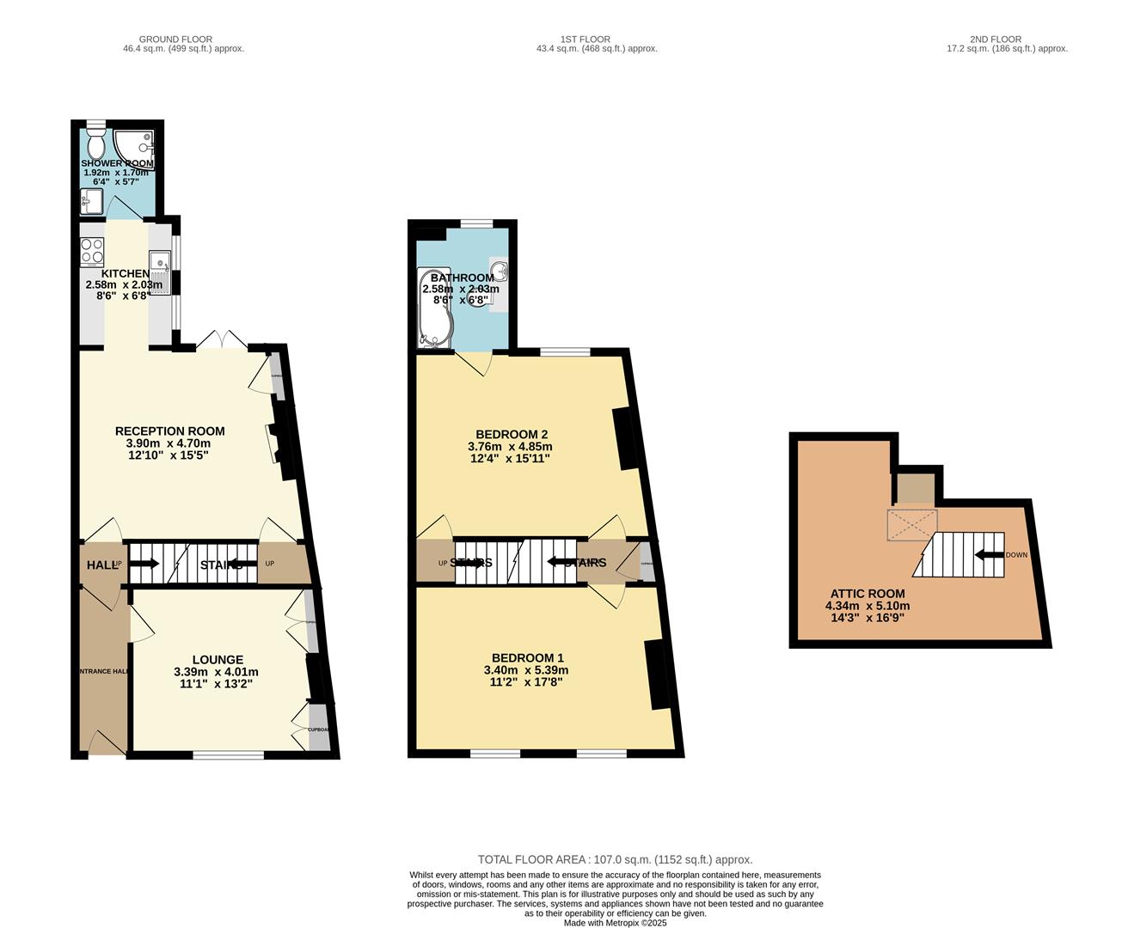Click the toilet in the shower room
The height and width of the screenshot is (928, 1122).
(x=95, y=139)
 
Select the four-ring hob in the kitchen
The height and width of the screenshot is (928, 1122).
(x=92, y=252)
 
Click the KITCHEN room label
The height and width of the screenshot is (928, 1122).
(x=126, y=273)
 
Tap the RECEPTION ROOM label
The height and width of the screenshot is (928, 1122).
(x=170, y=431)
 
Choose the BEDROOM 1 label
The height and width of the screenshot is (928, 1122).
(x=524, y=657)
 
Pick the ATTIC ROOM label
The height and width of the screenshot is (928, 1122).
(x=868, y=593)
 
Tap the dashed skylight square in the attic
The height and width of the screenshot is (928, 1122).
(x=911, y=525)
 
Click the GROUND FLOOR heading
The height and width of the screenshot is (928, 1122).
(x=175, y=39)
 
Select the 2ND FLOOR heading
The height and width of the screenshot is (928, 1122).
(x=996, y=39)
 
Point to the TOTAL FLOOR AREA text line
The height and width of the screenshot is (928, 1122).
(x=615, y=859)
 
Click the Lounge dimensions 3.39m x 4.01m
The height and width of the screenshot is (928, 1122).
(x=216, y=672)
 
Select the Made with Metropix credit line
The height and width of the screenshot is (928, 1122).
(x=615, y=923)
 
